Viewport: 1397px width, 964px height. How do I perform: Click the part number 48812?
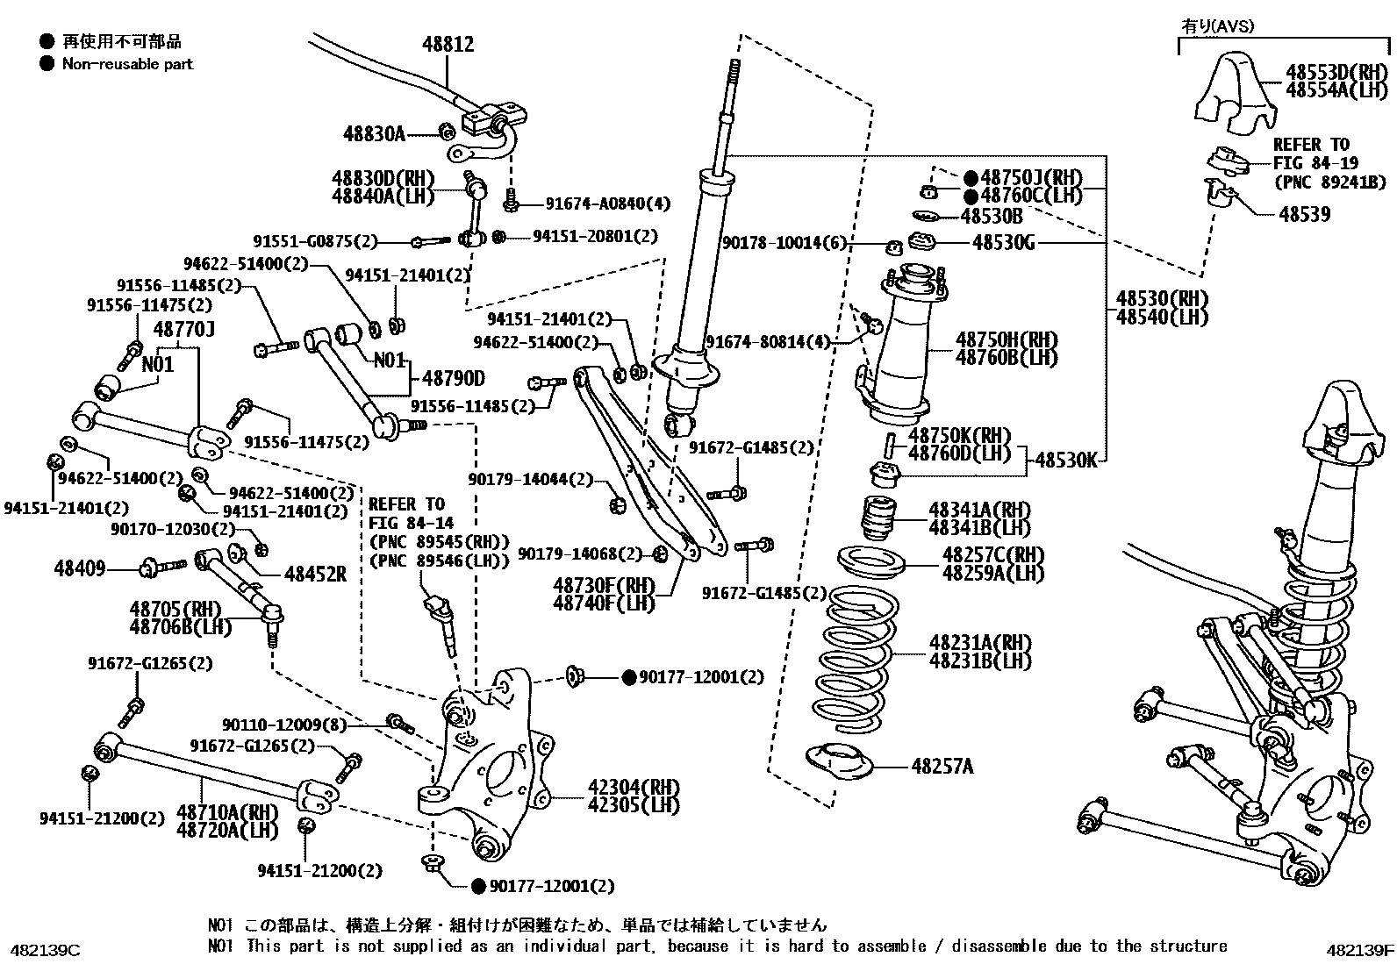pyautogui.click(x=448, y=44)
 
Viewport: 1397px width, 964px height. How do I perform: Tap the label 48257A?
pyautogui.click(x=942, y=767)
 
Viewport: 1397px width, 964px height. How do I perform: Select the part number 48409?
pyautogui.click(x=80, y=568)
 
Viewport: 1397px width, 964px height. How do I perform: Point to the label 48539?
pyautogui.click(x=1304, y=214)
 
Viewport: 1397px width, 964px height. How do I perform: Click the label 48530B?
pyautogui.click(x=992, y=215)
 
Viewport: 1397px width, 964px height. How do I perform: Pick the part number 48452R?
pyautogui.click(x=315, y=575)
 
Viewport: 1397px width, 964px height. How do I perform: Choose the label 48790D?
pyautogui.click(x=453, y=378)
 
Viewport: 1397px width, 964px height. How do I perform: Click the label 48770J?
pyautogui.click(x=184, y=329)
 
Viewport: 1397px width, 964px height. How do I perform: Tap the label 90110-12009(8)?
pyautogui.click(x=284, y=725)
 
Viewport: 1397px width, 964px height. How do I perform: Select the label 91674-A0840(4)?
pyautogui.click(x=607, y=204)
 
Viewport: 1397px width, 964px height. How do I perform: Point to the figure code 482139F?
pyautogui.click(x=1359, y=950)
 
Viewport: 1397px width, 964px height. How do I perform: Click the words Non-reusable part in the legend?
pyautogui.click(x=127, y=64)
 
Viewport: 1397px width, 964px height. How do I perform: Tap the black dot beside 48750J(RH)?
pyautogui.click(x=971, y=177)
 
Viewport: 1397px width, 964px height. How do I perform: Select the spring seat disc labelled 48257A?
pyautogui.click(x=839, y=762)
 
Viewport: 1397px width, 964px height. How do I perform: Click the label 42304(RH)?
pyautogui.click(x=625, y=787)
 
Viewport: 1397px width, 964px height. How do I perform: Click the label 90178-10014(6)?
pyautogui.click(x=784, y=243)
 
